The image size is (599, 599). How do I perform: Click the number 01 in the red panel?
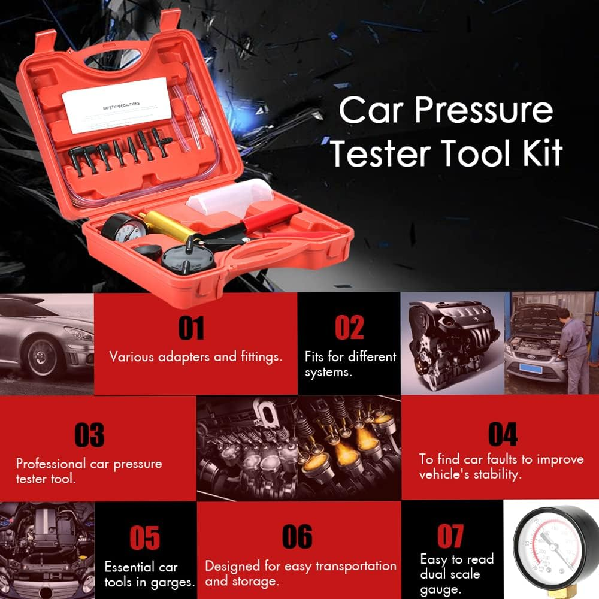(x=191, y=328)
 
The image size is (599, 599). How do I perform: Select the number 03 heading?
(x=89, y=435)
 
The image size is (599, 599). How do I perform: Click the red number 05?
(x=144, y=537)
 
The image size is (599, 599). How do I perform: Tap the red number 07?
(x=450, y=536)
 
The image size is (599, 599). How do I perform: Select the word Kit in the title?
(x=536, y=153)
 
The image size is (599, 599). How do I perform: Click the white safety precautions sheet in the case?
(x=118, y=106)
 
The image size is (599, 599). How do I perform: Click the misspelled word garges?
(x=174, y=582)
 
